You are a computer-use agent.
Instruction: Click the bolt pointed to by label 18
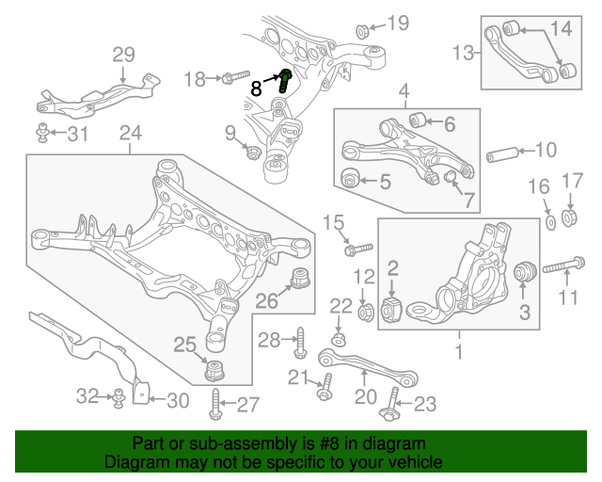point(233,79)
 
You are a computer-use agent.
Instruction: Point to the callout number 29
point(124,55)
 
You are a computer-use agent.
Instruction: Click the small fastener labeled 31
point(43,133)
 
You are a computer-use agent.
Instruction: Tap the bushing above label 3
point(524,272)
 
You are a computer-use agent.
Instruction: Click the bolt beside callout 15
point(358,249)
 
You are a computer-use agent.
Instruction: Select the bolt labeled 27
point(216,404)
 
